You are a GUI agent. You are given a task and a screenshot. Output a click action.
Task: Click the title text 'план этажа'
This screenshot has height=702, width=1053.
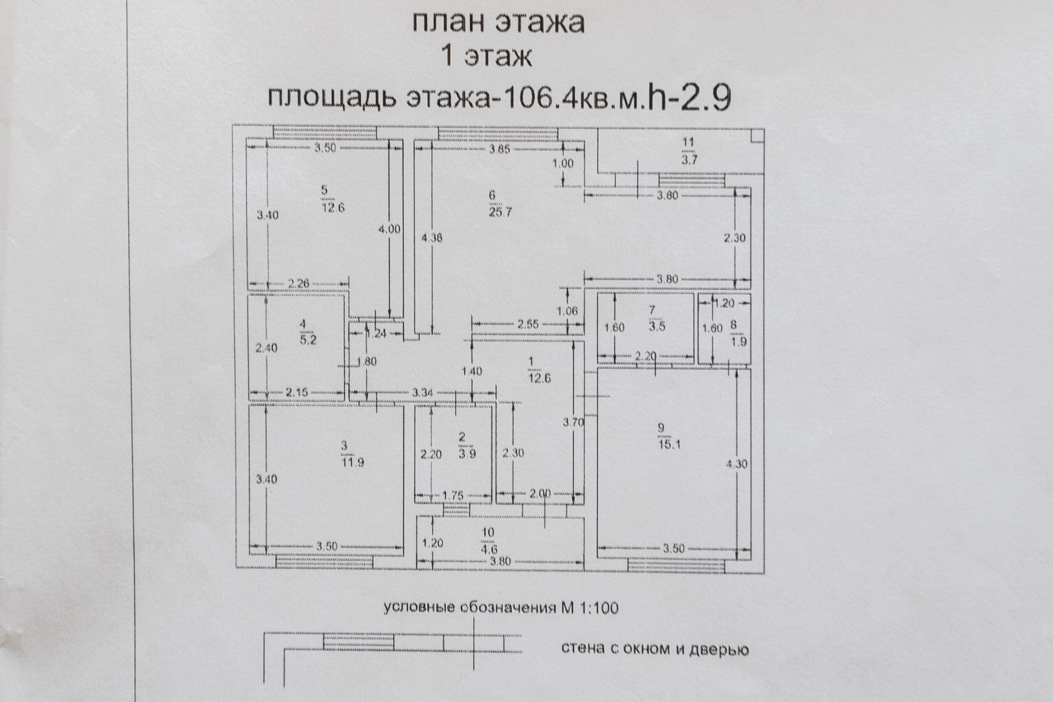[x=498, y=23]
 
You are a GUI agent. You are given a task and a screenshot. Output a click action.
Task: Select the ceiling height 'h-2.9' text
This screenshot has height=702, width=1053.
[x=689, y=98]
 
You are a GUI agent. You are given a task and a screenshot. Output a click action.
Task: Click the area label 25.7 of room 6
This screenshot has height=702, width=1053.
[x=500, y=212]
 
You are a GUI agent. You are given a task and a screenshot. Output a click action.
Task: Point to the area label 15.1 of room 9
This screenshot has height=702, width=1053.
[x=669, y=445]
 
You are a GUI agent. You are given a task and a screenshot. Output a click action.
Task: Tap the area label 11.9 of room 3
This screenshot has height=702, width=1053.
[x=352, y=462]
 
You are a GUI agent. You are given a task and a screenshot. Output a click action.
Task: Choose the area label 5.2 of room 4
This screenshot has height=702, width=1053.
[x=308, y=340]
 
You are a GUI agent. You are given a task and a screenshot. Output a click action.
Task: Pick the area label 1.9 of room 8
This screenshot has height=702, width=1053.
[x=738, y=342]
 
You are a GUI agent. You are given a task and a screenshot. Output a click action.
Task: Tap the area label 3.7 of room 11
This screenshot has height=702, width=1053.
[x=689, y=160]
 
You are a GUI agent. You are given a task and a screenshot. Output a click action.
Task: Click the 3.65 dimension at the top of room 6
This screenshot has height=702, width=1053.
[x=500, y=149]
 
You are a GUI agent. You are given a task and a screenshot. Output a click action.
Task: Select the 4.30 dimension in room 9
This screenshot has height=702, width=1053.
[x=736, y=464]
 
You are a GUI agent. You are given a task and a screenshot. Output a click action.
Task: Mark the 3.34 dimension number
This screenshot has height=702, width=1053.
[x=423, y=392]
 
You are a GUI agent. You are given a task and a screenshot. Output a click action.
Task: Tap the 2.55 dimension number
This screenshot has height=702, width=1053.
[x=528, y=324]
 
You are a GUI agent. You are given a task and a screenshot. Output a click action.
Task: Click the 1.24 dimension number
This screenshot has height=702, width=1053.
[x=376, y=333]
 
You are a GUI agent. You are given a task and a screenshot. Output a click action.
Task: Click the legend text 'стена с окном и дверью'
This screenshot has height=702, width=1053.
[x=655, y=649]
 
